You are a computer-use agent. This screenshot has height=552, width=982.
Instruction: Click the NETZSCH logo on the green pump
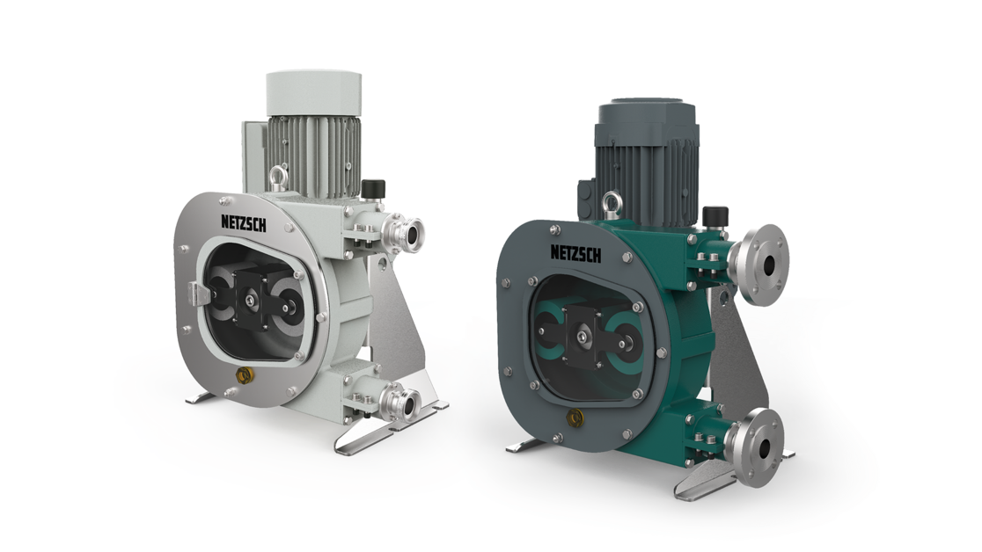point(576,253)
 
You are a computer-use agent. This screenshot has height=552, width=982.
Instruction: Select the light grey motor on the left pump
point(312,132)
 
